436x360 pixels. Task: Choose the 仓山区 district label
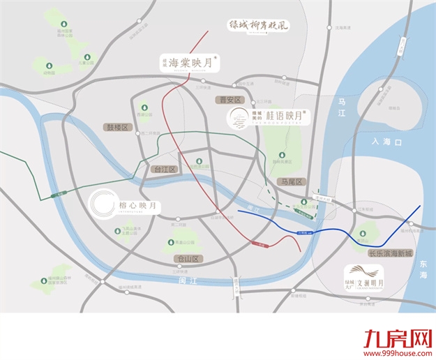[x=186, y=258]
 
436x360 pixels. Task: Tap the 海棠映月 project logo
[x=191, y=63]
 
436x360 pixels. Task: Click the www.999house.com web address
[x=395, y=353]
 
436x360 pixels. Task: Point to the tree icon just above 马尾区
[x=281, y=155]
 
